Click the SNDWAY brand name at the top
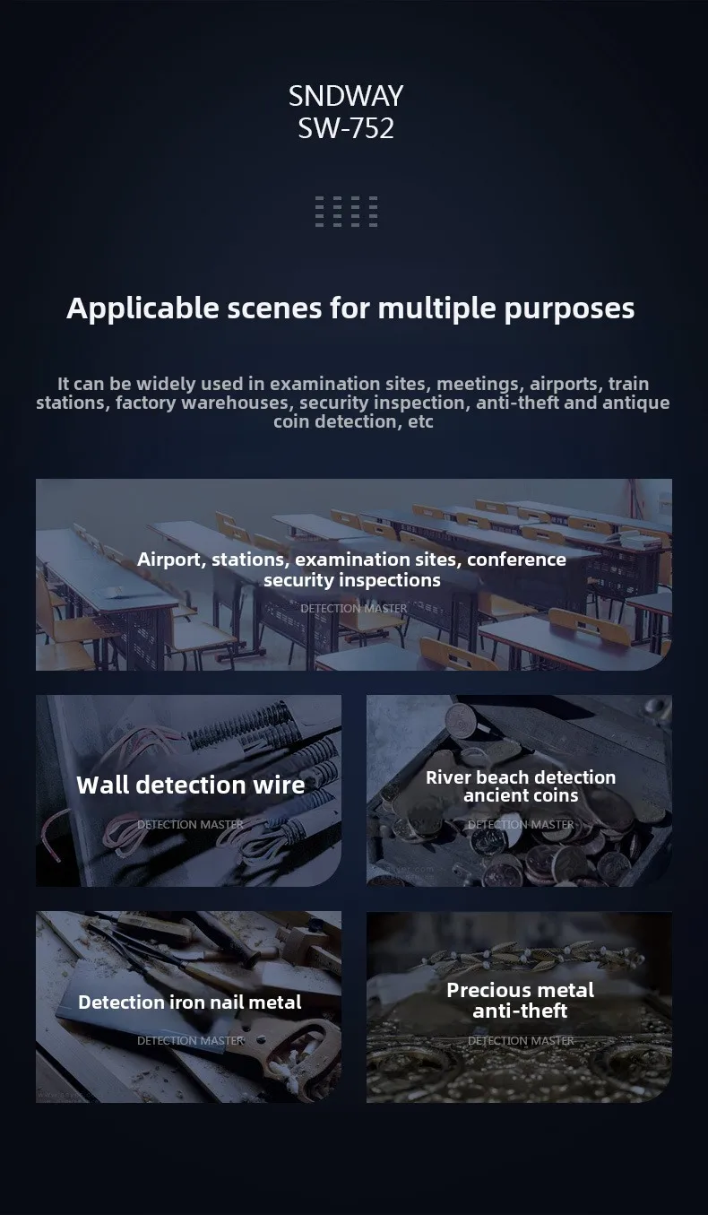coord(346,97)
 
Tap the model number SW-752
coord(346,129)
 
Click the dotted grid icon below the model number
coord(347,212)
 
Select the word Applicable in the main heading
coord(142,309)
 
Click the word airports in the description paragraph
coord(564,385)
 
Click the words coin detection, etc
coord(353,421)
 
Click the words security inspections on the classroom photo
coord(352,580)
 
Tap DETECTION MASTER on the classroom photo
coord(353,609)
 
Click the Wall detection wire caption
coord(190,785)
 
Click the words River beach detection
coord(521,777)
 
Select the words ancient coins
coord(521,795)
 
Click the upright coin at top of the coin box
coord(461,719)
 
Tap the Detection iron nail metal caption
coord(190,1002)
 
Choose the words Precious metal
coord(521,991)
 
